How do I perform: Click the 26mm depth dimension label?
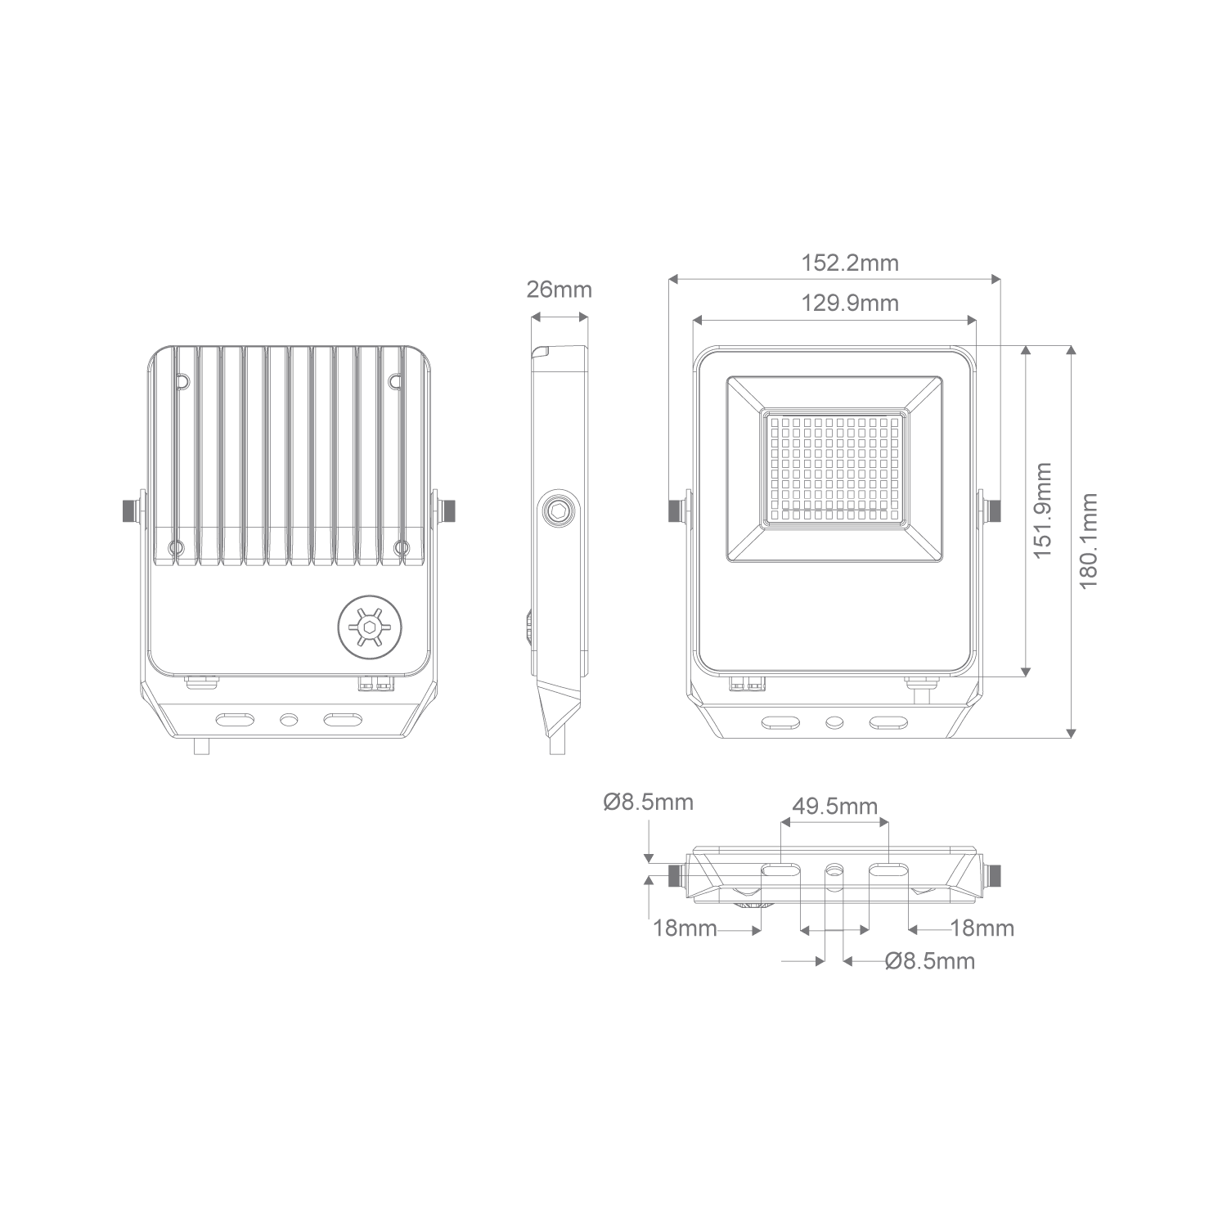click(x=559, y=290)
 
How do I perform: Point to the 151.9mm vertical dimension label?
click(x=1041, y=510)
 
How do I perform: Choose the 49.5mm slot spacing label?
click(x=834, y=807)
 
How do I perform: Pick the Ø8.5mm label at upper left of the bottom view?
click(x=649, y=802)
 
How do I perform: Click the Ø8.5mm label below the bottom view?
click(x=930, y=960)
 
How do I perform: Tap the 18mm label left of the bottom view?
click(x=685, y=929)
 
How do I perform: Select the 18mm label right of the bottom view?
click(x=982, y=929)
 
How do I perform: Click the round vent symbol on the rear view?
click(x=371, y=627)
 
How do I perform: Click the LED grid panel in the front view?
click(x=834, y=469)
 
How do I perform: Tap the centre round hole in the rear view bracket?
click(x=288, y=719)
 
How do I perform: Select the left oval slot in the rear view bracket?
click(x=234, y=719)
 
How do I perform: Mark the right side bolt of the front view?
click(x=991, y=511)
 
